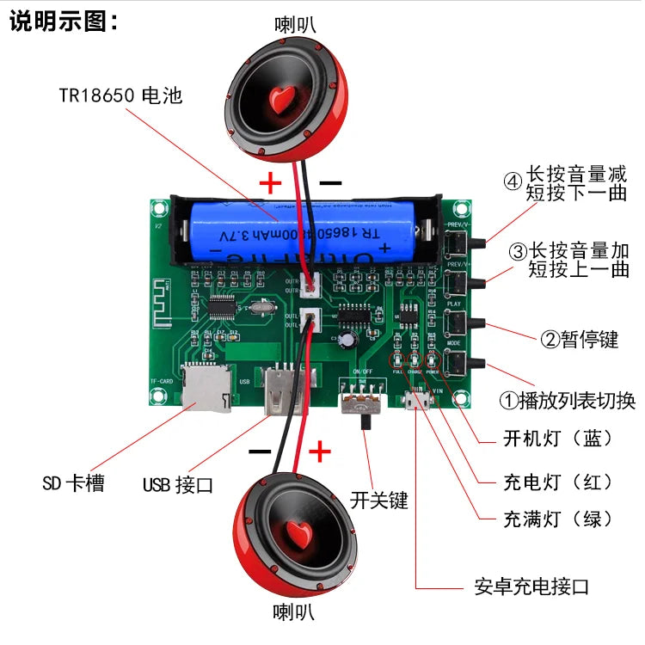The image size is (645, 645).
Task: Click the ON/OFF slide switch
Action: [361, 404]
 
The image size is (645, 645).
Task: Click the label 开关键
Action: [379, 500]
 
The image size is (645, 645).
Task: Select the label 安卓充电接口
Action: [532, 588]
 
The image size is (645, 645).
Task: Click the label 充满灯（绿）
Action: [558, 519]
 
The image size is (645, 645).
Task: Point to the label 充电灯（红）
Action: [558, 481]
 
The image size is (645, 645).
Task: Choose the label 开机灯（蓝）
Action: [558, 439]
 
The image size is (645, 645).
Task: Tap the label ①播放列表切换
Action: [568, 400]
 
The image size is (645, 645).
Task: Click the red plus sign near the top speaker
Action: [271, 182]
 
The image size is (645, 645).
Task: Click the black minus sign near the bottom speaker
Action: [260, 451]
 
